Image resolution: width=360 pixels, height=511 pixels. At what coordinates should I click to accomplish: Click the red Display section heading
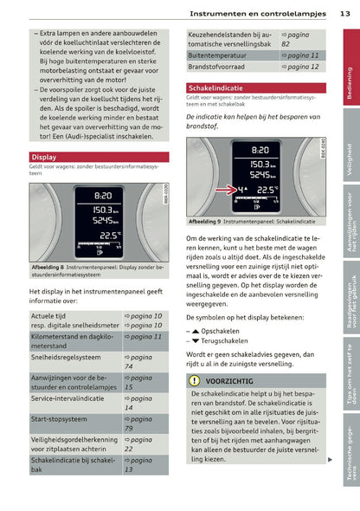coord(44,157)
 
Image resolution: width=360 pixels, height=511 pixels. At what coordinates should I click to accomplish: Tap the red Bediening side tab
coord(349,83)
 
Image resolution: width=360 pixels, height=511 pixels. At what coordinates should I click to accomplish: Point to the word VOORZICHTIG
coord(229,380)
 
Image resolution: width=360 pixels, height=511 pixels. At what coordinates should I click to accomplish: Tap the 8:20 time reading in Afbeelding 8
coord(102,196)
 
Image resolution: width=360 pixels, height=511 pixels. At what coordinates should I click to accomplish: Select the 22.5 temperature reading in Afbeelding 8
coord(108,234)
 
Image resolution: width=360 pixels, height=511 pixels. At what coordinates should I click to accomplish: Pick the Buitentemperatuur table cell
coord(216,55)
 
